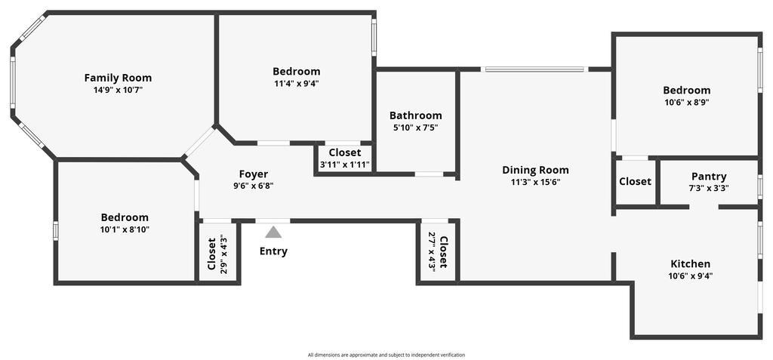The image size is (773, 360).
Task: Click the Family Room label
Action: coord(118,78)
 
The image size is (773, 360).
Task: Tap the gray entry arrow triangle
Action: coord(273,232)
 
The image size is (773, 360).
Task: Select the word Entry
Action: coord(273,251)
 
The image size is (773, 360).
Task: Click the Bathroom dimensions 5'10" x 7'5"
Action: coord(415,128)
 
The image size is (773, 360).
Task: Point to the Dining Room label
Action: coord(535,170)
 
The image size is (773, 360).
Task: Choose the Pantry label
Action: coord(708,177)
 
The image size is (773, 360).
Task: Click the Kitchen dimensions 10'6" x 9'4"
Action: coord(690,276)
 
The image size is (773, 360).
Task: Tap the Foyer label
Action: coord(254,174)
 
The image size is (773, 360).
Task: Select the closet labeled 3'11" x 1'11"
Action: coord(344,158)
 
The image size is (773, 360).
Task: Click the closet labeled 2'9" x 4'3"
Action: coord(217,254)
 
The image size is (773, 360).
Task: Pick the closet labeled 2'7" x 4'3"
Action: coord(438,251)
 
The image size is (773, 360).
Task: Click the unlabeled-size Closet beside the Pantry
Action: coord(635,181)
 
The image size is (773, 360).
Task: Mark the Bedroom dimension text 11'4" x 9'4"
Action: coord(296,84)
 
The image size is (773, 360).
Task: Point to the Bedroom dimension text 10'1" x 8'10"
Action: coord(125,229)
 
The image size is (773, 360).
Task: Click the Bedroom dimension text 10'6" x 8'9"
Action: coord(686,102)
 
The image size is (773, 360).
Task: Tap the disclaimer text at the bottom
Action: coord(386,355)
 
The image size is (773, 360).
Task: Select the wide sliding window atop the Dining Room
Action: coord(534,69)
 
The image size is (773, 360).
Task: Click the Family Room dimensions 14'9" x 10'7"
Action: coord(118,90)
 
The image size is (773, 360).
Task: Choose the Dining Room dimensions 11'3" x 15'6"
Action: coord(535,182)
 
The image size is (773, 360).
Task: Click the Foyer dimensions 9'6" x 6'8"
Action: coord(254,186)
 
